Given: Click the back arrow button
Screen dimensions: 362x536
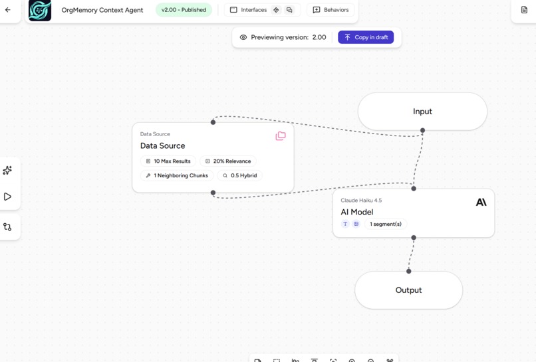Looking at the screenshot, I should pos(8,10).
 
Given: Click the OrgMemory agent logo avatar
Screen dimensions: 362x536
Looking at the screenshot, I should pos(40,11).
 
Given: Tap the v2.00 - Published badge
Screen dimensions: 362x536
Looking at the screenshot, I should pos(184,10).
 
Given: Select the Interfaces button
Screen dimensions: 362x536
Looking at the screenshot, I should pos(248,10).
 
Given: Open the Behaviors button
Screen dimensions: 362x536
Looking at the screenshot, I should pos(331,10).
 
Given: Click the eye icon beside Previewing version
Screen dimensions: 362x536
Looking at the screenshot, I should pos(243,37).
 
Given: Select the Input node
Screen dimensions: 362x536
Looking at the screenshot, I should pos(422,112).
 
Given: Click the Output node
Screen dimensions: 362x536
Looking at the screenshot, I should pos(408,290).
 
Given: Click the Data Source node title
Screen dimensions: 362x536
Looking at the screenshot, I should pos(163,145).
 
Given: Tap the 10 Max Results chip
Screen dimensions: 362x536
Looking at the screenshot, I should pos(168,161).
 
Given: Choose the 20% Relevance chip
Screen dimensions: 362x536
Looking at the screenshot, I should pos(227,161).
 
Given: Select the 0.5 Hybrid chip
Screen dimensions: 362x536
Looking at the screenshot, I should pos(239,176).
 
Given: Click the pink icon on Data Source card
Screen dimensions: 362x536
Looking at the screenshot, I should pos(281,136).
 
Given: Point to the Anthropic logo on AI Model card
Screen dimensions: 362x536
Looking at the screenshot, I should pos(481,202).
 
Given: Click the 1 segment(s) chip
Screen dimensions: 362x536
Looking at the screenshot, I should pos(385,225).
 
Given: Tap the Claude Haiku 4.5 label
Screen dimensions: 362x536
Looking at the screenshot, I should pos(361,200).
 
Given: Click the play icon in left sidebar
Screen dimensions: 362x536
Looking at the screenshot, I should pos(8,197).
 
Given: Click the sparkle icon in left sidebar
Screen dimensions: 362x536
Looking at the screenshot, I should pos(8,171).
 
